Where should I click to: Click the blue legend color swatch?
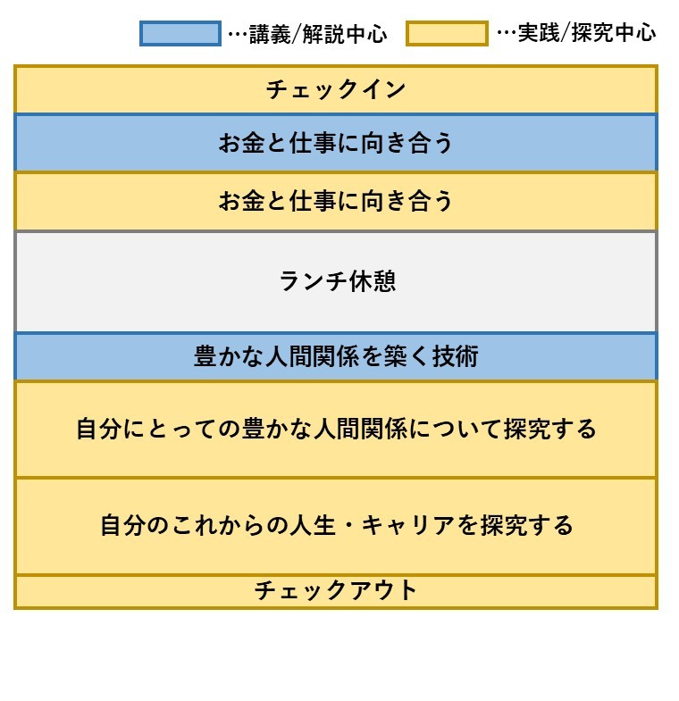tap(180, 34)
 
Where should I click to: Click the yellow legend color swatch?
tap(447, 34)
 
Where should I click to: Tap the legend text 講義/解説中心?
tap(318, 34)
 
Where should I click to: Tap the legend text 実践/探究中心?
tap(587, 33)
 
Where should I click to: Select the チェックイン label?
tap(335, 89)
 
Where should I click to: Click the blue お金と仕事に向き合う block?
tap(335, 143)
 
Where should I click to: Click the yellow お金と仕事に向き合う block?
tap(335, 201)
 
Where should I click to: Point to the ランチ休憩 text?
tap(338, 281)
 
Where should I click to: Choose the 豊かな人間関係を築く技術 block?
tap(335, 356)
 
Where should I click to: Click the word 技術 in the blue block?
tap(456, 356)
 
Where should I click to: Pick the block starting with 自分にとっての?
tap(335, 430)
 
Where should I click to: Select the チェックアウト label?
tap(335, 590)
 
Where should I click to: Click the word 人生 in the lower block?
tap(313, 525)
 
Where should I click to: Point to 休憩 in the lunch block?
tap(373, 281)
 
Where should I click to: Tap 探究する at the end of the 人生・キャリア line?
tap(526, 525)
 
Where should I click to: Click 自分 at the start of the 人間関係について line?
tap(99, 430)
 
